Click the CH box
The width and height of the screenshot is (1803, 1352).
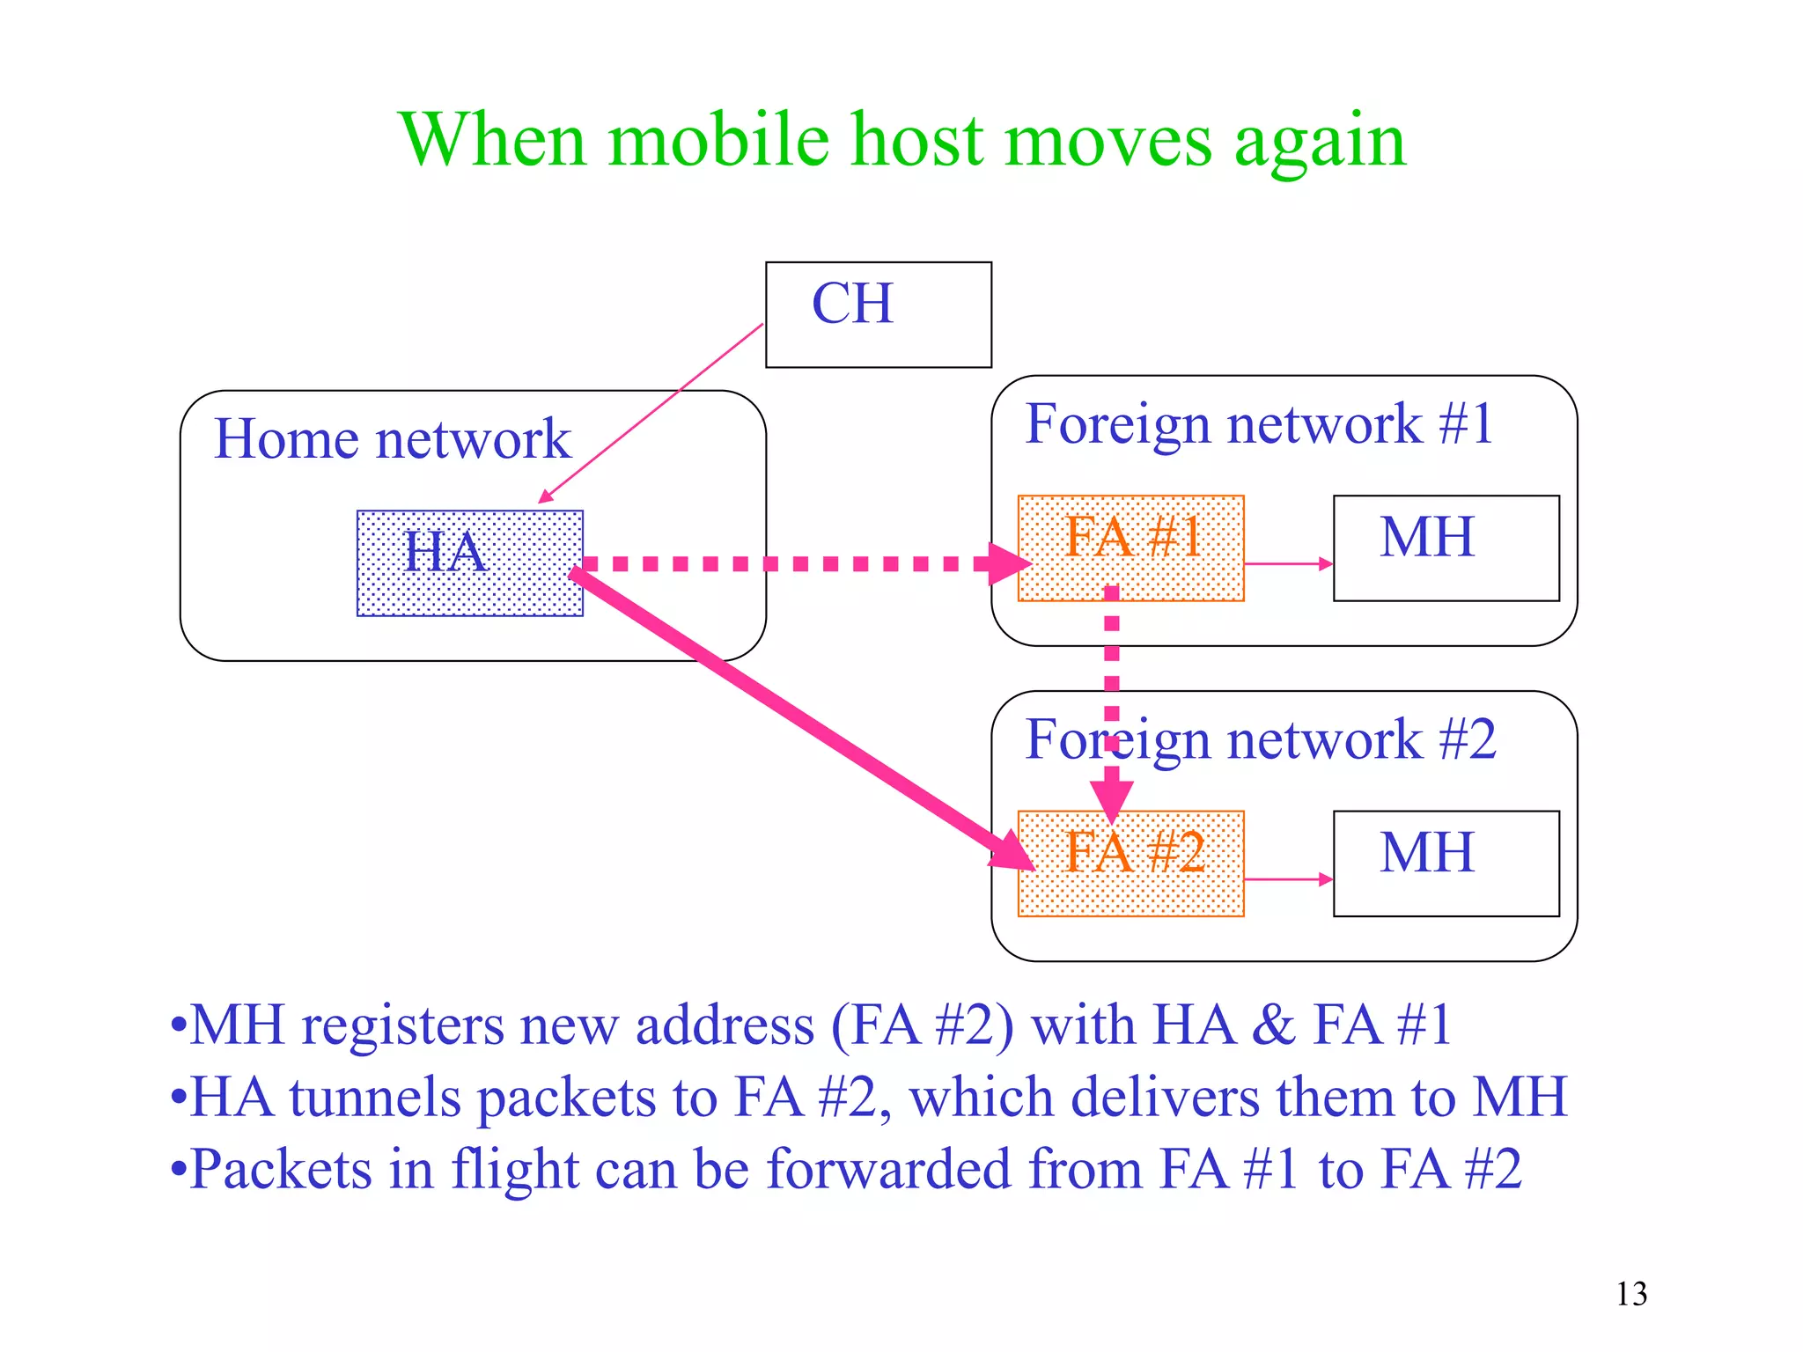tap(878, 314)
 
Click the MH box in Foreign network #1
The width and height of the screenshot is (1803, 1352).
tap(1446, 547)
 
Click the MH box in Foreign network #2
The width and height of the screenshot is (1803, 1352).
tap(1446, 863)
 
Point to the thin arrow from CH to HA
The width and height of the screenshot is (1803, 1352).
tap(651, 413)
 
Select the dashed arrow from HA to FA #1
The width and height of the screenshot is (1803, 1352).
tap(792, 563)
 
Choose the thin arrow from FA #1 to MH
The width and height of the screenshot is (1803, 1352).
tap(1287, 563)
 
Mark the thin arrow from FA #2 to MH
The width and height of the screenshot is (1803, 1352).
tap(1287, 878)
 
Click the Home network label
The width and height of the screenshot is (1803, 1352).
tap(392, 438)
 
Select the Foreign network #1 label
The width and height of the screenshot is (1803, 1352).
tap(1259, 423)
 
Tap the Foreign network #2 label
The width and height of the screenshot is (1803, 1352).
tap(1261, 738)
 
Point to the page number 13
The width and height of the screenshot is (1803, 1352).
tap(1630, 1294)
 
